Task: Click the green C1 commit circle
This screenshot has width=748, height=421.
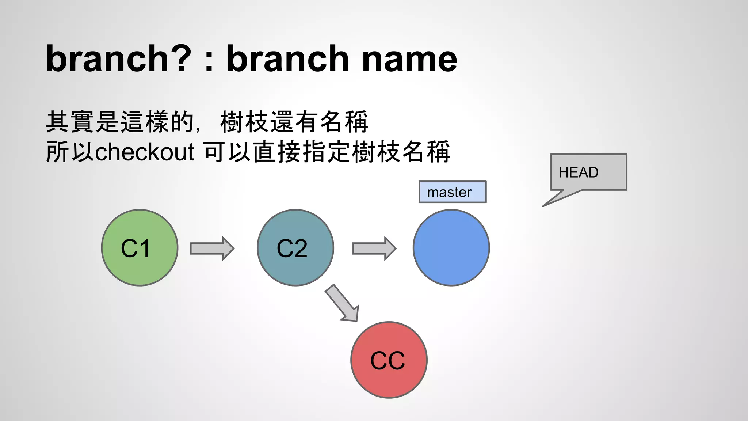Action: pyautogui.click(x=140, y=248)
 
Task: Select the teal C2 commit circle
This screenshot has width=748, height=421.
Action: pyautogui.click(x=295, y=248)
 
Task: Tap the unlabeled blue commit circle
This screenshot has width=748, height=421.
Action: pyautogui.click(x=451, y=248)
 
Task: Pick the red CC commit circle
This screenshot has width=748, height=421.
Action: pyautogui.click(x=389, y=360)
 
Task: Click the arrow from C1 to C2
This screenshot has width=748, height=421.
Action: pyautogui.click(x=212, y=249)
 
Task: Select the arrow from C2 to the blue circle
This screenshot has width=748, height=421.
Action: pyautogui.click(x=374, y=249)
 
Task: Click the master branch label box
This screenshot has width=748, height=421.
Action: pyautogui.click(x=452, y=192)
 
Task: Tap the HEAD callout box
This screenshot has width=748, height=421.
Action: pyautogui.click(x=588, y=172)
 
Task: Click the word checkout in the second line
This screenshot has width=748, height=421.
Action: pyautogui.click(x=145, y=152)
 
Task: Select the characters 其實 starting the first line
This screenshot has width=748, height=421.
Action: pyautogui.click(x=70, y=122)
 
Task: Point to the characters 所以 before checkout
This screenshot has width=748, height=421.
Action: pyautogui.click(x=70, y=152)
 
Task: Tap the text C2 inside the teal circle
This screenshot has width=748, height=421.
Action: pyautogui.click(x=292, y=249)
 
